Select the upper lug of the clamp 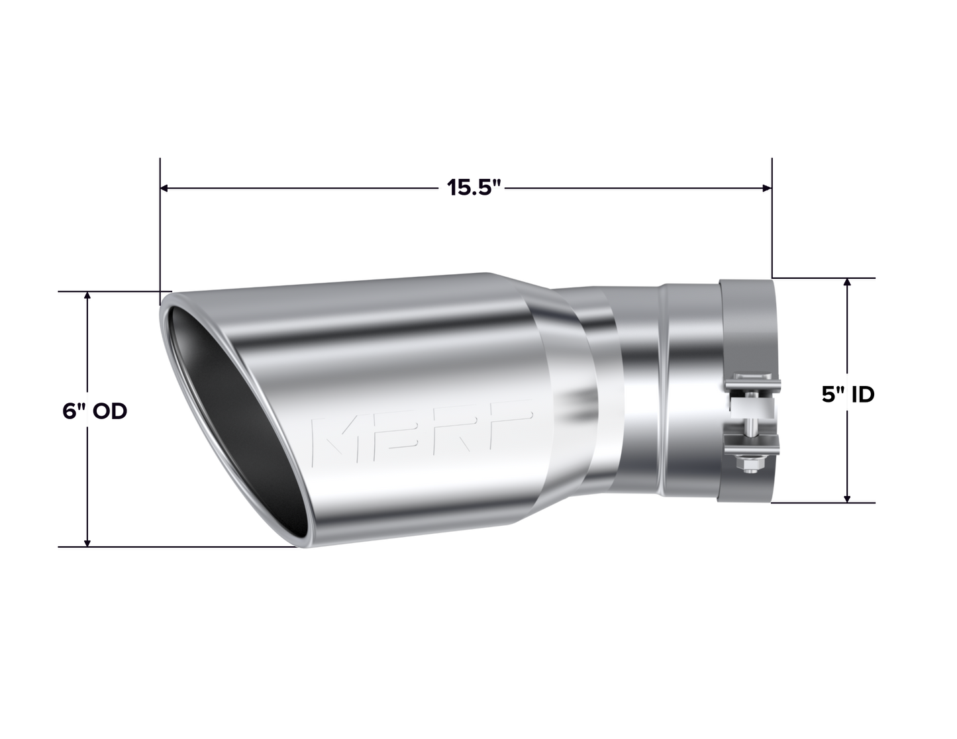coord(749,387)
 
